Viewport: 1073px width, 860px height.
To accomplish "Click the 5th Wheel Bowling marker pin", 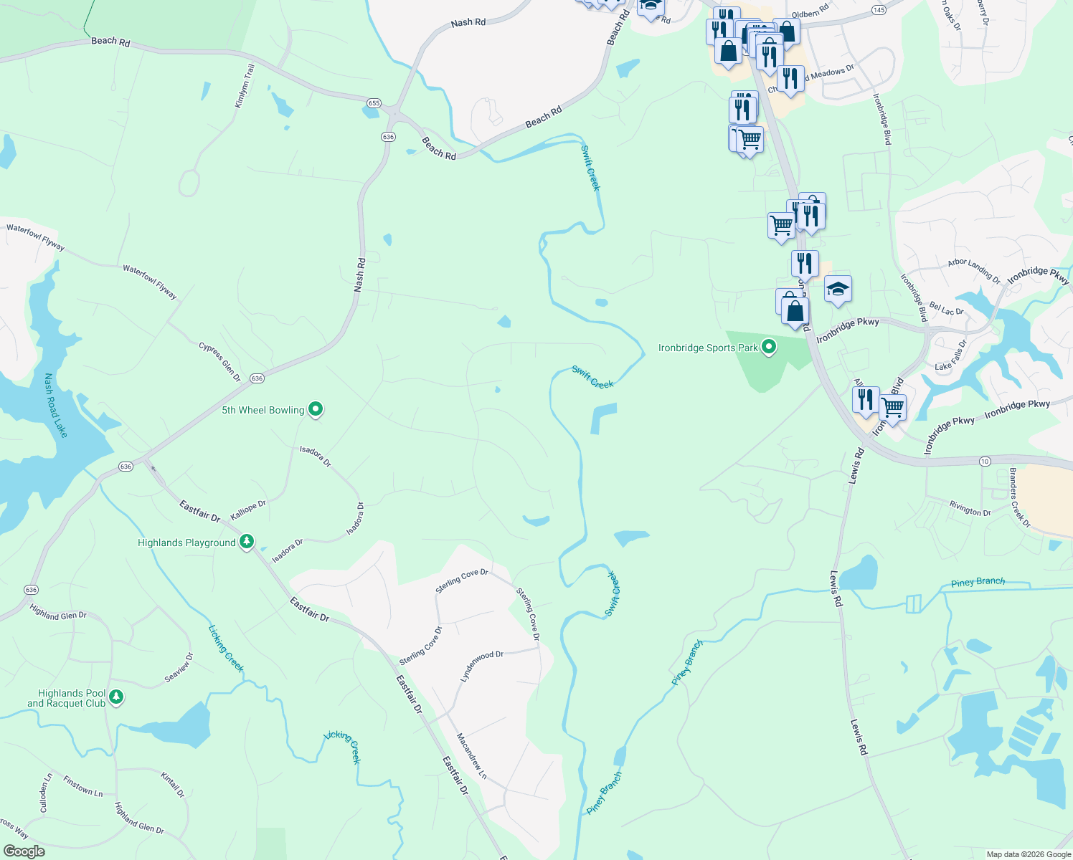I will [x=316, y=409].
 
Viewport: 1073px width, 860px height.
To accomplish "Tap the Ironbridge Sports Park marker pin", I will [x=769, y=348].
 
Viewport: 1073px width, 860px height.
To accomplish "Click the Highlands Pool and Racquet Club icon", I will [x=116, y=696].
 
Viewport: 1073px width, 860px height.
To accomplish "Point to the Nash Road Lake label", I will [x=55, y=405].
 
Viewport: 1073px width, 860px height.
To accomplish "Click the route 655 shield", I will [x=374, y=103].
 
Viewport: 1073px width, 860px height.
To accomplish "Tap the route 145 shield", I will [x=879, y=9].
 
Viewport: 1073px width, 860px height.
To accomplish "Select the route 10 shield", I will [x=985, y=462].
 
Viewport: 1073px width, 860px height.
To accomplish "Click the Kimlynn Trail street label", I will [x=245, y=86].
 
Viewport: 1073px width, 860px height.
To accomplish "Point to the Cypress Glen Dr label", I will [x=219, y=361].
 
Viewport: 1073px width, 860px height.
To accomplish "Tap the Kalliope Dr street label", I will [x=248, y=510].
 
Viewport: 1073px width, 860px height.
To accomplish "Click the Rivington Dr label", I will [x=970, y=509].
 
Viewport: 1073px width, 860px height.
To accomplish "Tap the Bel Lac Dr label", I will [x=946, y=309].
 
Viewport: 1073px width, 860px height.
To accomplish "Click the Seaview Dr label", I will [x=179, y=667].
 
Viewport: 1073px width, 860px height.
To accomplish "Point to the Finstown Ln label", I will [x=82, y=786].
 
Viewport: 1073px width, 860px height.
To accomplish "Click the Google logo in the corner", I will [x=24, y=851].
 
